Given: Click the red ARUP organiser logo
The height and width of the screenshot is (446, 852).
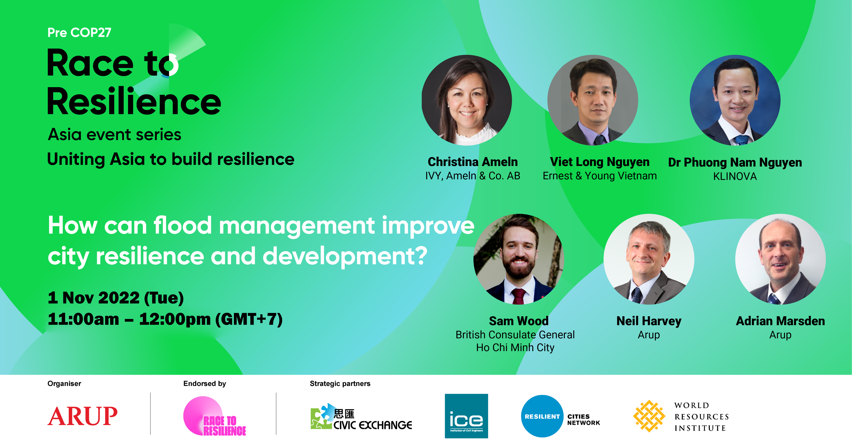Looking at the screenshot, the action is pyautogui.click(x=82, y=416).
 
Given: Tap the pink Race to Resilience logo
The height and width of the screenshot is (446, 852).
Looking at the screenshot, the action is pyautogui.click(x=214, y=416).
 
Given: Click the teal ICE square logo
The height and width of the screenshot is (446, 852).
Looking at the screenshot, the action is pyautogui.click(x=466, y=416).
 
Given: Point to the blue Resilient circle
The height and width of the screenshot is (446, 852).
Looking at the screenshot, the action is pyautogui.click(x=542, y=416).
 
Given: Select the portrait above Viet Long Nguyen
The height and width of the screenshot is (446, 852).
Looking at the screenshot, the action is pyautogui.click(x=593, y=100).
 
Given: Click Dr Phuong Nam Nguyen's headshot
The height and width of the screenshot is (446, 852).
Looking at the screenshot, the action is pyautogui.click(x=735, y=100).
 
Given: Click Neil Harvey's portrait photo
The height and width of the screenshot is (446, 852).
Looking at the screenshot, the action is pyautogui.click(x=649, y=259).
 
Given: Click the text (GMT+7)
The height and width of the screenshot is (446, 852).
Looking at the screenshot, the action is pyautogui.click(x=249, y=319).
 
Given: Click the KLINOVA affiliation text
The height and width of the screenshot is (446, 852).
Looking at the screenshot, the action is pyautogui.click(x=735, y=176).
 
